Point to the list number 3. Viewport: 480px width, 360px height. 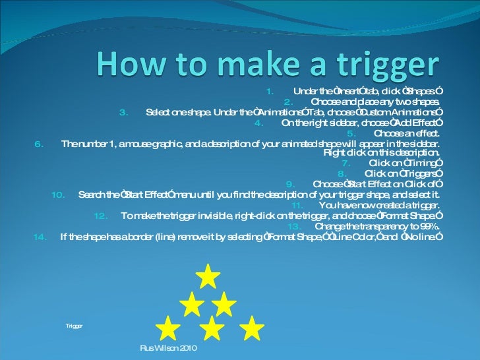pos(123,112)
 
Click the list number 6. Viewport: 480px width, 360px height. pos(38,144)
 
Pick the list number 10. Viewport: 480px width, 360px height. pos(58,195)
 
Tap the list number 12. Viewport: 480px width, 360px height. pos(101,215)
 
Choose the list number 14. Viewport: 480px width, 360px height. pos(38,238)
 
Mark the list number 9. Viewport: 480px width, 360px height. pos(289,184)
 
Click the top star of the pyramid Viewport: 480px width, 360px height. pos(208,277)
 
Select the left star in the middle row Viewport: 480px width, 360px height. pos(191,304)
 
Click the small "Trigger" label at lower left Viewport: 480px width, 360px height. pos(74,326)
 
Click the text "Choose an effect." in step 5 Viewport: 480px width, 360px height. pos(407,133)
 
